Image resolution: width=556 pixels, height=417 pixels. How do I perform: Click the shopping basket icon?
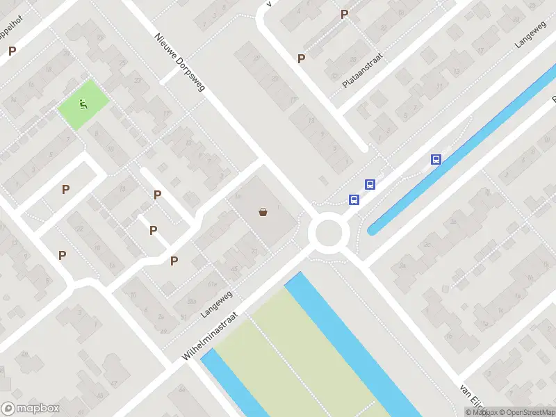[263, 212]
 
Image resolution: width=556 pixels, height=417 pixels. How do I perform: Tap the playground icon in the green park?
[83, 105]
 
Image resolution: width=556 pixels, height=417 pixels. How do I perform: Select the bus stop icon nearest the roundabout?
[354, 200]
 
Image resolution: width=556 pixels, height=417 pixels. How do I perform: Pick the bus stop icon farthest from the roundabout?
[436, 159]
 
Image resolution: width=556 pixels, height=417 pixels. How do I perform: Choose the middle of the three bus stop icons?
[370, 185]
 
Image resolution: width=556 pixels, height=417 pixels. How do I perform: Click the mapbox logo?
[31, 408]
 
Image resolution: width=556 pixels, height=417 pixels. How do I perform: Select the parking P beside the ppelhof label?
[12, 51]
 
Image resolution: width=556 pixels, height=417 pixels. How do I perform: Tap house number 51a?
[212, 284]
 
